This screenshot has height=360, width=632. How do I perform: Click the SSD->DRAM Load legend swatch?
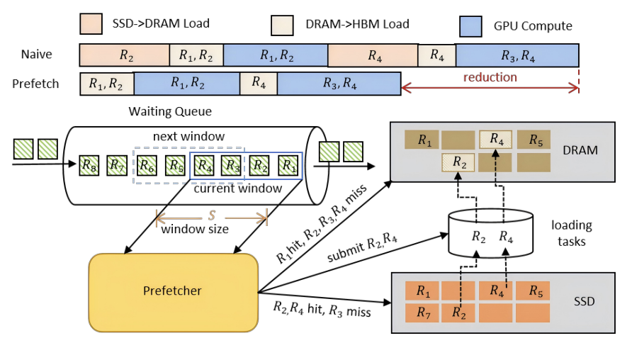[x=91, y=23]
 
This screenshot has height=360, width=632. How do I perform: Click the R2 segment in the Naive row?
[x=124, y=55]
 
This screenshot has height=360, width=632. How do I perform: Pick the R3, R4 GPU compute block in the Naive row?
[x=517, y=55]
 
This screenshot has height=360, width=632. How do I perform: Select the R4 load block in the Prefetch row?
[x=259, y=84]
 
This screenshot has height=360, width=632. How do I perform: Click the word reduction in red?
[x=490, y=77]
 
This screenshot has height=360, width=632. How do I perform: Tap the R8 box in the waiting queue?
[x=89, y=165]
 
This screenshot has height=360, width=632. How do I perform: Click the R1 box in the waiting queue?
[x=287, y=165]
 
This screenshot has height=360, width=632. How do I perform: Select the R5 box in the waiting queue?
[x=175, y=165]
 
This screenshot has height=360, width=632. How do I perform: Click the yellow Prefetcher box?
[x=172, y=291]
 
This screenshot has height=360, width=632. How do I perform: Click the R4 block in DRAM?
[x=496, y=140]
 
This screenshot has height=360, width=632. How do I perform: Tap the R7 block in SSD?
[x=422, y=313]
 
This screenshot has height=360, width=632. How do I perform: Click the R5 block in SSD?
[x=533, y=291]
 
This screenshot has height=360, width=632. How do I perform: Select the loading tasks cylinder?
[x=492, y=233]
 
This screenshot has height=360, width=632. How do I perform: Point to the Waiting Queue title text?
[x=170, y=111]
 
